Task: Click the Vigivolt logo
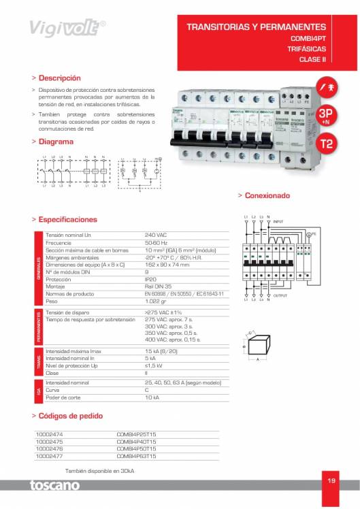click(66, 27)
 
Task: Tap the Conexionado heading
click(266, 195)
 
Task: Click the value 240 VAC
click(156, 234)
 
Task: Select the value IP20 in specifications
click(151, 279)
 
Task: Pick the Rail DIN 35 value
click(159, 286)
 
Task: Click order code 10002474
click(49, 433)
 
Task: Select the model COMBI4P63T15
click(136, 456)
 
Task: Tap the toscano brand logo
click(54, 486)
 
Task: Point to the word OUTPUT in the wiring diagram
click(280, 295)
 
